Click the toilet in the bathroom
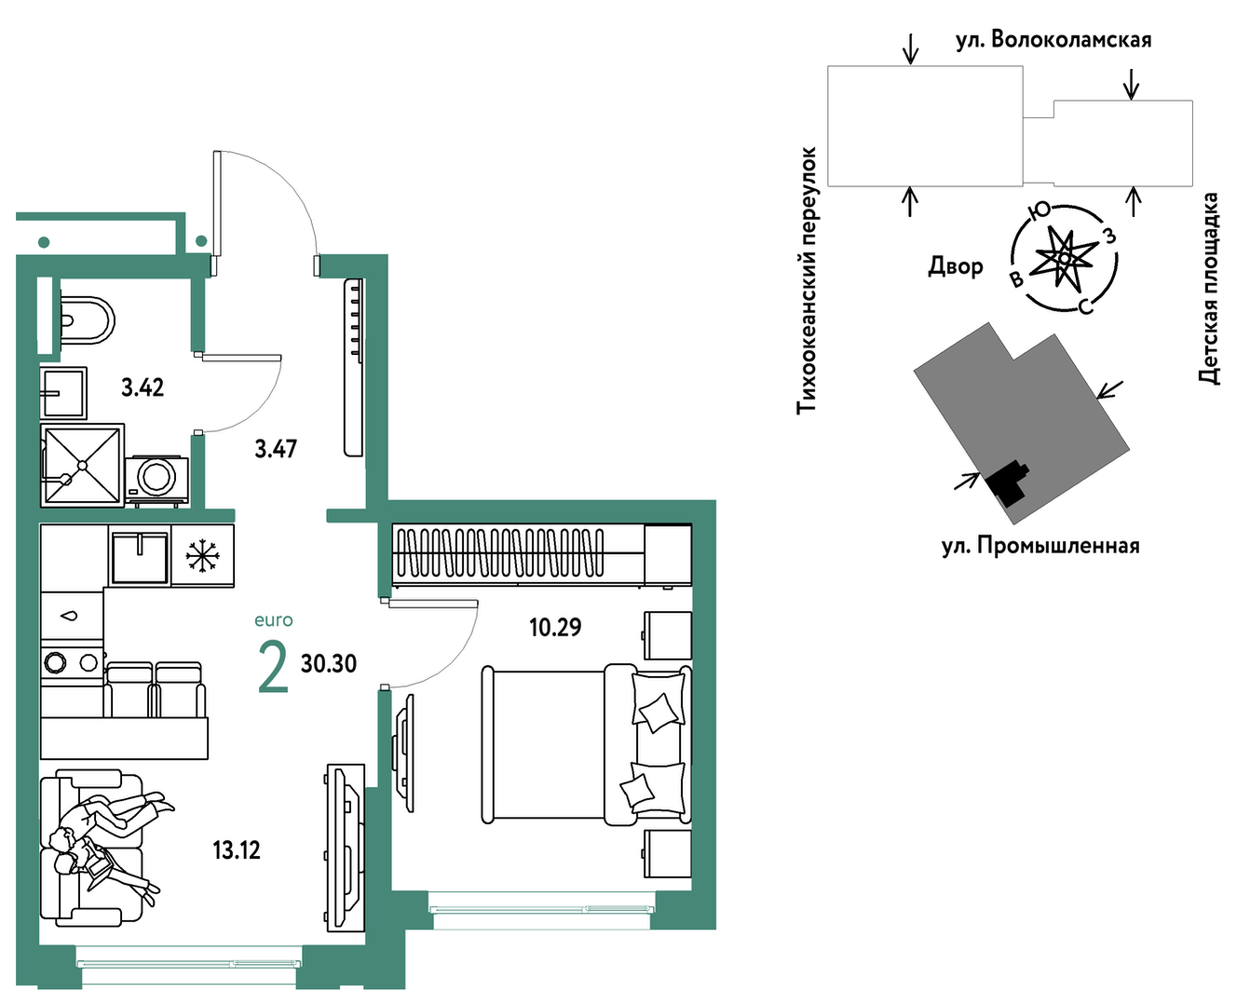(x=88, y=320)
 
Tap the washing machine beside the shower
(x=156, y=480)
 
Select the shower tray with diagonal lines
(x=83, y=465)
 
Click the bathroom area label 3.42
(x=143, y=387)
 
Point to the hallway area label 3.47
(x=276, y=448)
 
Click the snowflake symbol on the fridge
(x=203, y=555)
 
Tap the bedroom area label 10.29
(x=555, y=628)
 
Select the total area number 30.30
(x=328, y=663)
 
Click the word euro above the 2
(x=274, y=620)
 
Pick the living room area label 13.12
(x=237, y=850)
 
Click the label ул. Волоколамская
(x=1053, y=39)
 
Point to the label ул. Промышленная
(x=1040, y=546)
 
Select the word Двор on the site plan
(x=956, y=266)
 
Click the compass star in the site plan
(x=1064, y=258)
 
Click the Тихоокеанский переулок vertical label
(x=807, y=281)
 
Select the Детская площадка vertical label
(x=1209, y=289)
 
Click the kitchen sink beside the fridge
(x=140, y=556)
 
